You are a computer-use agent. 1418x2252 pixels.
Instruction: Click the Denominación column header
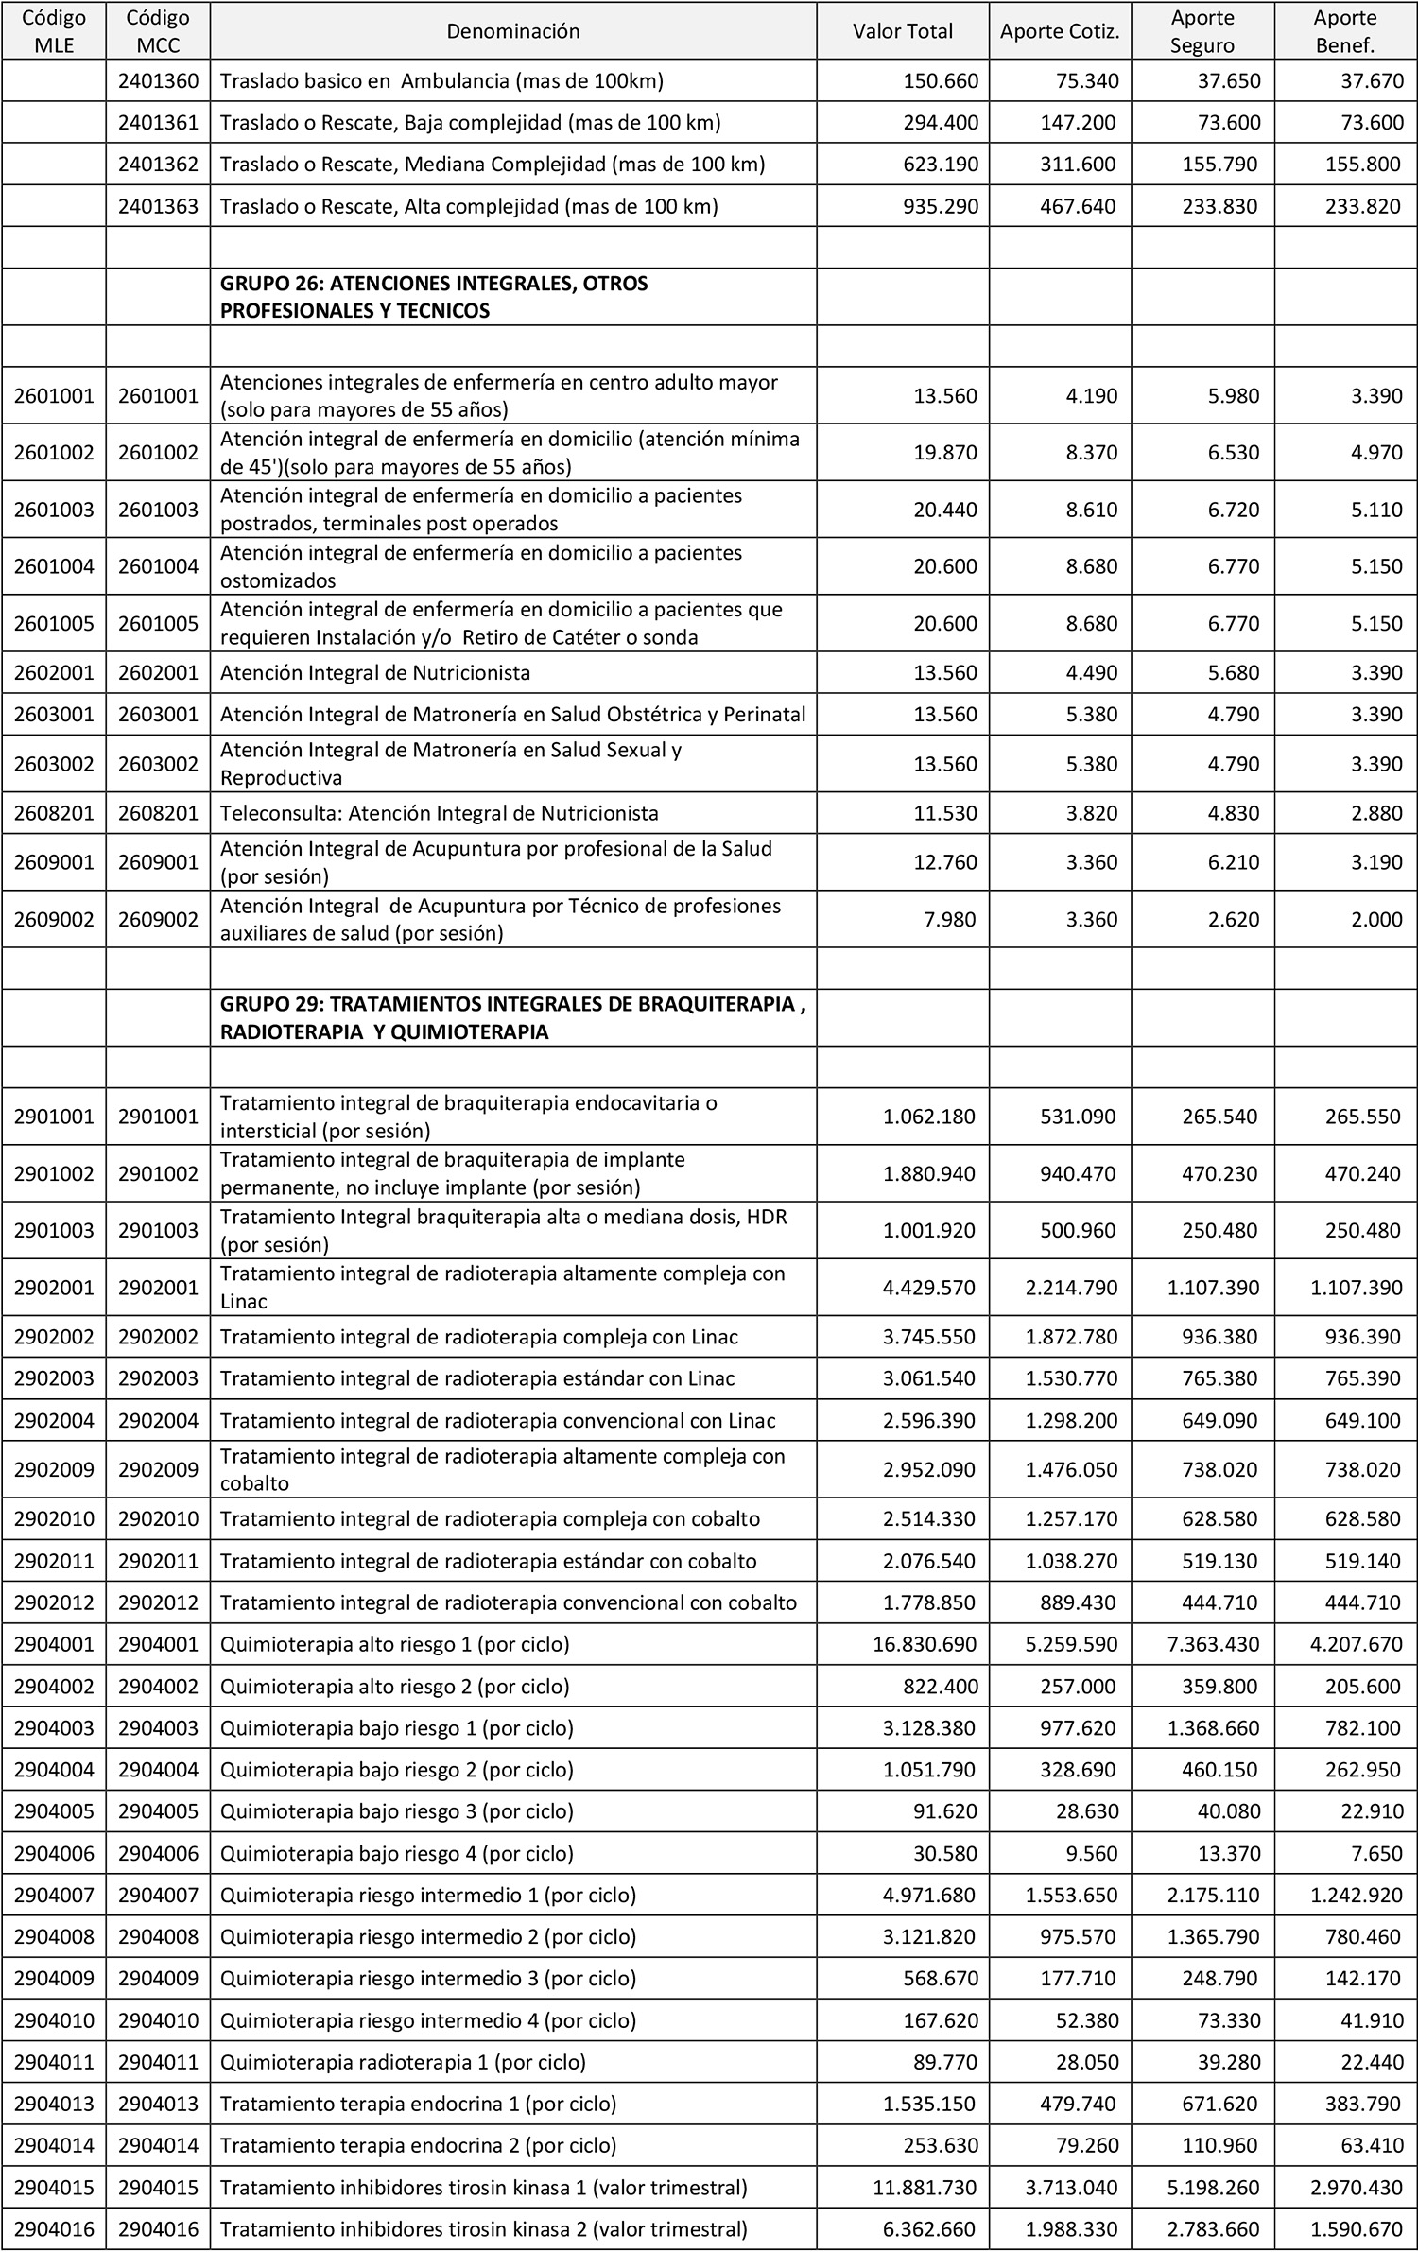(512, 31)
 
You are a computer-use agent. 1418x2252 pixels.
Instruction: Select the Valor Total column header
(903, 31)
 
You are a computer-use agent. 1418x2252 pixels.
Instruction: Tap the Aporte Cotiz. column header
(1060, 31)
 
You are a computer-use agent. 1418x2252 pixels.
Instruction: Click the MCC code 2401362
(158, 165)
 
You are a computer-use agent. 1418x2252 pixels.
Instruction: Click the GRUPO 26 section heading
(434, 297)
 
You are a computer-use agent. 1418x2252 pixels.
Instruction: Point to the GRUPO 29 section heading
(512, 1017)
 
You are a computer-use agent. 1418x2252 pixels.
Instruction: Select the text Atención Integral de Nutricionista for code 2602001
(375, 673)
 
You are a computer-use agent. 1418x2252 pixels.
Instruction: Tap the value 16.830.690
(925, 1644)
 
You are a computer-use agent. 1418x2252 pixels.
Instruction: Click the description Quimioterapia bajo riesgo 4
(396, 1853)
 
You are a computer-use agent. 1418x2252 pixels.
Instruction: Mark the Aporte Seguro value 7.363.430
(1213, 1644)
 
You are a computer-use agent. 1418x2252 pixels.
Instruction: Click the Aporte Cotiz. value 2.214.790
(1071, 1287)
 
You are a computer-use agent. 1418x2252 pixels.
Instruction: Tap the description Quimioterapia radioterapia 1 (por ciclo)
(403, 2062)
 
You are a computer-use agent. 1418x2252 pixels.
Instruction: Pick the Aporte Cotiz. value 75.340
(1087, 81)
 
